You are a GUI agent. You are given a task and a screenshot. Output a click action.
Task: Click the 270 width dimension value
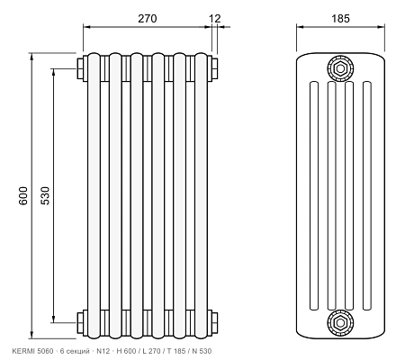148,19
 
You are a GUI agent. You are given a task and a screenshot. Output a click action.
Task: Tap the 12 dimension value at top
215,19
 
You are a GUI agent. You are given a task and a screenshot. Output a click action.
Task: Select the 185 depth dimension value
340,19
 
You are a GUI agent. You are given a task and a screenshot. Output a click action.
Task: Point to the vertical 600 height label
23,196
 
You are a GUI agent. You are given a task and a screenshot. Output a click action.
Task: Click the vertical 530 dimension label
45,196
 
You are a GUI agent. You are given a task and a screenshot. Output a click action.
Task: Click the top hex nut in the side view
340,68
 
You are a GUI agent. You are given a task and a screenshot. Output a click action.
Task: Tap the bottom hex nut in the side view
340,323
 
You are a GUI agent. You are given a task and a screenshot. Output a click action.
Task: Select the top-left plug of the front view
80,68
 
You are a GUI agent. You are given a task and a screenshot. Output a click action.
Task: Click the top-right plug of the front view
214,68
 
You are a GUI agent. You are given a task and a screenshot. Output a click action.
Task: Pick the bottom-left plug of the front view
80,323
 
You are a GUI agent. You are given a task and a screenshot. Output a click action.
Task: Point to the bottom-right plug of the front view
214,323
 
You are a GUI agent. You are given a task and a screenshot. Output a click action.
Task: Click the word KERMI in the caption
23,351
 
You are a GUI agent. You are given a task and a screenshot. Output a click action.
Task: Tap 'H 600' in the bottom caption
126,351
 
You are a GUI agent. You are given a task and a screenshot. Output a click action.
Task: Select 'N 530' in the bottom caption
202,351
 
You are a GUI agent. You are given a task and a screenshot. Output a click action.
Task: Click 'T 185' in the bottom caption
176,351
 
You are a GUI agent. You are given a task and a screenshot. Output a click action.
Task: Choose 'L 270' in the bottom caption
151,351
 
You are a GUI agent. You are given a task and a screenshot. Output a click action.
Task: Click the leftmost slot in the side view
314,195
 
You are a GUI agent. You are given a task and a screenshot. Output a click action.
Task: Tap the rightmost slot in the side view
367,195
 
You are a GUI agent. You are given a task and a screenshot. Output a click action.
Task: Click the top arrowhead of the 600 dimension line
31,57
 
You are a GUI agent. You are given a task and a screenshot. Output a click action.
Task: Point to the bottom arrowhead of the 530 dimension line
53,319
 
